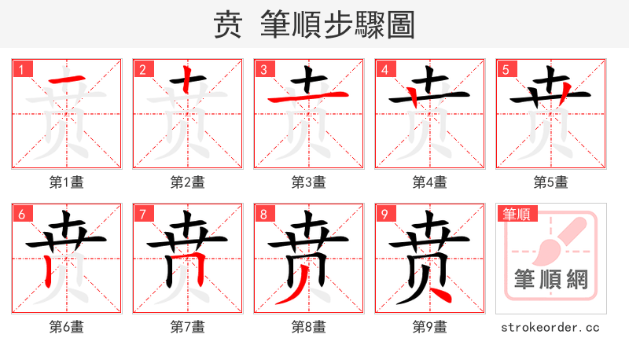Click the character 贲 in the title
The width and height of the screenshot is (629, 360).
tap(228, 25)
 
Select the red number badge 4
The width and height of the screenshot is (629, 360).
tap(385, 69)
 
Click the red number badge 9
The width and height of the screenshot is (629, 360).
tap(385, 214)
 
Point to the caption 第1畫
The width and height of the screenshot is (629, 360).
tap(66, 182)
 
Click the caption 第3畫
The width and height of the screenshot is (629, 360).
tap(308, 182)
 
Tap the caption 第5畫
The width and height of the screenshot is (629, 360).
tap(550, 182)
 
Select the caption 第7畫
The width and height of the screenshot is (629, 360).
tap(187, 327)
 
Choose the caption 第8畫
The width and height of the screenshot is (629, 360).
tap(308, 327)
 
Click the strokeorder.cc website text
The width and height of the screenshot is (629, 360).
tap(550, 327)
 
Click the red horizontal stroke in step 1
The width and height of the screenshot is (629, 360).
tap(66, 80)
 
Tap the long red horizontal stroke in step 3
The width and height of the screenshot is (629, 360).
tap(308, 97)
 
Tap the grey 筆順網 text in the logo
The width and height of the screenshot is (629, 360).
tap(550, 280)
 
